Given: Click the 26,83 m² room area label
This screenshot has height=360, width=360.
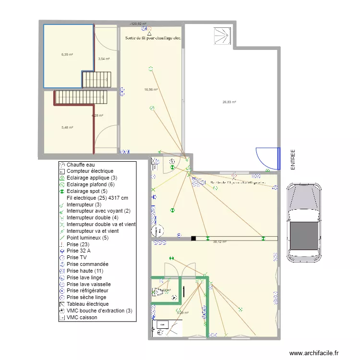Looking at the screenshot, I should (x=228, y=102).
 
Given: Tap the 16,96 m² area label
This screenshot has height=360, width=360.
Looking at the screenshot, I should (x=151, y=89).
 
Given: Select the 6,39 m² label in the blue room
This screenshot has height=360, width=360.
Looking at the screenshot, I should (x=67, y=54).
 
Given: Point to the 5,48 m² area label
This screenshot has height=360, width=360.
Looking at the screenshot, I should (x=67, y=127).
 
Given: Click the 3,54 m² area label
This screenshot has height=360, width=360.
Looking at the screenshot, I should (x=104, y=59).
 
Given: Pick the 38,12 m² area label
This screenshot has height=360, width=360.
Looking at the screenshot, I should (x=219, y=242).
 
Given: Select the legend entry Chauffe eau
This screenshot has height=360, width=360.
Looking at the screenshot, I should (x=81, y=165).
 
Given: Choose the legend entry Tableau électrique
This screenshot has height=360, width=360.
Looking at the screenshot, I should (x=87, y=304).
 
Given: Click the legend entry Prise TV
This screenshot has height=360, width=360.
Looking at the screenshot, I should (x=78, y=257).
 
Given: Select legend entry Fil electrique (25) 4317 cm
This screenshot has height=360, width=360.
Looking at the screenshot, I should (x=97, y=198).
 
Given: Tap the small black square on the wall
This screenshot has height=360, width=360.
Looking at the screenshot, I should (x=193, y=238).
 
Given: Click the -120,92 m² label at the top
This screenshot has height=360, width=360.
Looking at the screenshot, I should (x=138, y=23).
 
